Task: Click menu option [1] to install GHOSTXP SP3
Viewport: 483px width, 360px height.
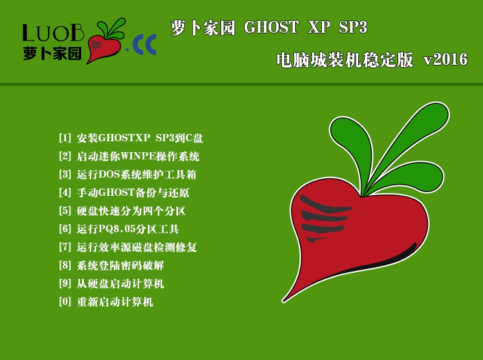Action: (131, 138)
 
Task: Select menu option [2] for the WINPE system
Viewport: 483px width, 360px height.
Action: (129, 156)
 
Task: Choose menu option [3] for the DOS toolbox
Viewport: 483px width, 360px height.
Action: (127, 175)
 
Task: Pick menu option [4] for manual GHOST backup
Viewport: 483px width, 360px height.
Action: (124, 193)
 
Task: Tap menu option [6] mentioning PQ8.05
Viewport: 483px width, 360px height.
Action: (119, 229)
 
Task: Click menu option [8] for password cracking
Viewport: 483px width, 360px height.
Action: (111, 265)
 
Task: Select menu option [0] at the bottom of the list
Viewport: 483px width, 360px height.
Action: (105, 302)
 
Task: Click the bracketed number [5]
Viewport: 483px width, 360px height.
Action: (65, 211)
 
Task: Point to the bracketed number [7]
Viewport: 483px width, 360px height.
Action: (65, 247)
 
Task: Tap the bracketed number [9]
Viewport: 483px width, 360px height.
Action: (65, 284)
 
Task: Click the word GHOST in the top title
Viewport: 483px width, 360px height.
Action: (271, 27)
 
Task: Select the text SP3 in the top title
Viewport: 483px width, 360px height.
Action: (353, 27)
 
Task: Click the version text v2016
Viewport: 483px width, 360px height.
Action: (445, 59)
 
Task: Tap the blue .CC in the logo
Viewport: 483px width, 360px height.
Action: (141, 45)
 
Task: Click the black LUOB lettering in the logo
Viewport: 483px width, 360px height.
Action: (53, 33)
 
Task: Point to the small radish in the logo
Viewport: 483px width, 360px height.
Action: (105, 43)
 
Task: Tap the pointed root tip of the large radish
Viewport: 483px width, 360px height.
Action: (284, 301)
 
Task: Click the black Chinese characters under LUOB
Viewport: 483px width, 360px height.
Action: (52, 53)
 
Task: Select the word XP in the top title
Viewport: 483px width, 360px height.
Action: (319, 27)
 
